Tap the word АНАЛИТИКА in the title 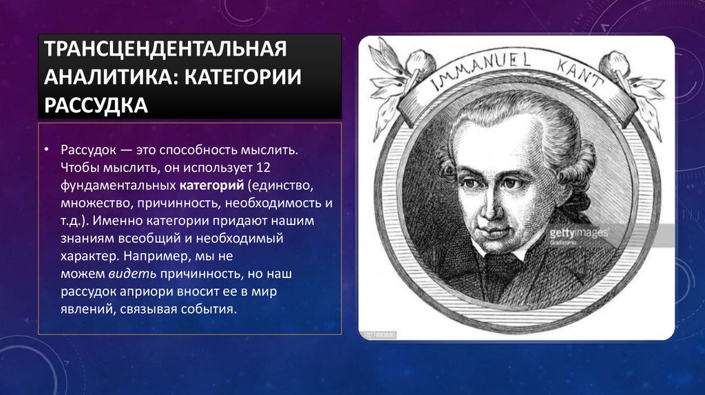tap(101, 77)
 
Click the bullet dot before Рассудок tap(46, 150)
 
